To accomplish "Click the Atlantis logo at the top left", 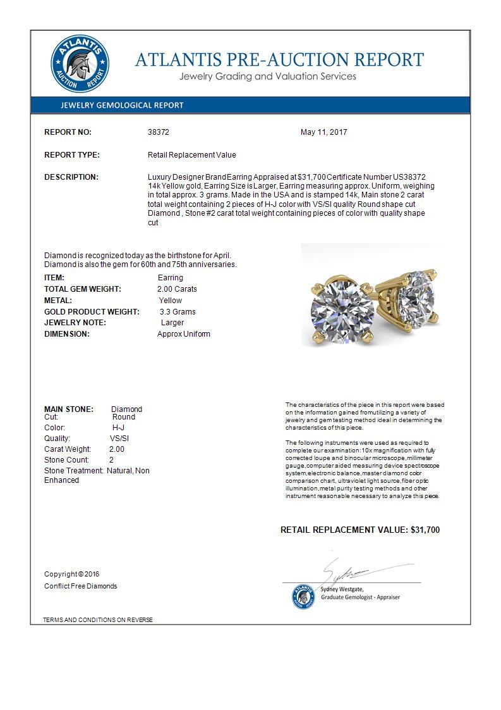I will click(x=80, y=65).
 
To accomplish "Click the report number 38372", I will click(x=159, y=132).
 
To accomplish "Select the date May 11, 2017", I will click(x=323, y=132).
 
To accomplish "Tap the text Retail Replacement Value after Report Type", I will click(x=191, y=155).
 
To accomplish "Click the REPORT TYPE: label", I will click(x=71, y=155).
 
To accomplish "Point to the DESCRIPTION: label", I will click(x=71, y=177).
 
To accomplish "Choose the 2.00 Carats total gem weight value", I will click(x=177, y=289).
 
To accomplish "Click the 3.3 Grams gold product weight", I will click(x=178, y=312).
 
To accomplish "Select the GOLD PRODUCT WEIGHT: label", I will click(x=92, y=312).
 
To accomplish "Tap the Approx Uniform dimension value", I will click(x=183, y=334).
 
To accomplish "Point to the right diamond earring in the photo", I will click(x=416, y=297).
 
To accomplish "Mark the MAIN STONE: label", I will click(x=69, y=409).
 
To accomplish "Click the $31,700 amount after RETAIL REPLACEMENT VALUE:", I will click(x=425, y=530).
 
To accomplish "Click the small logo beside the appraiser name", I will click(x=304, y=596).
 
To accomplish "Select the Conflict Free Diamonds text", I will click(x=80, y=586).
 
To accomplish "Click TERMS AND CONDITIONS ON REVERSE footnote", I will click(x=98, y=620).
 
